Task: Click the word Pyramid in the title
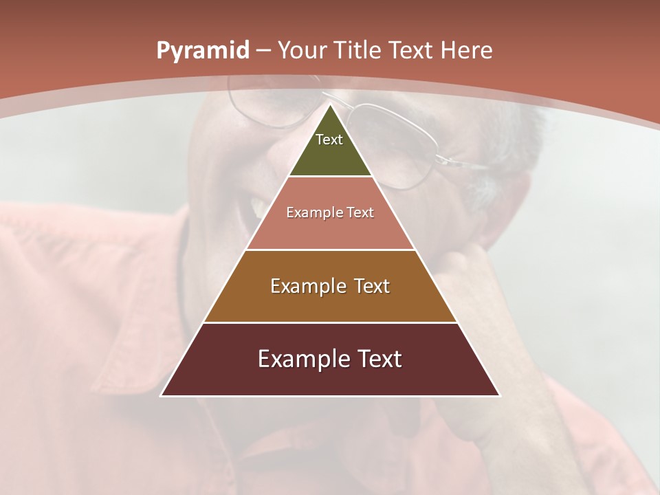point(202,51)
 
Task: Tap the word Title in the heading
point(360,50)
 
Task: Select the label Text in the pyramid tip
point(329,140)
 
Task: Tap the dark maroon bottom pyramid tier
point(330,378)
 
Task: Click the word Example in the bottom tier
point(303,359)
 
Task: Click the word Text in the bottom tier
point(377,359)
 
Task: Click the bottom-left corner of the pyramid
point(162,395)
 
